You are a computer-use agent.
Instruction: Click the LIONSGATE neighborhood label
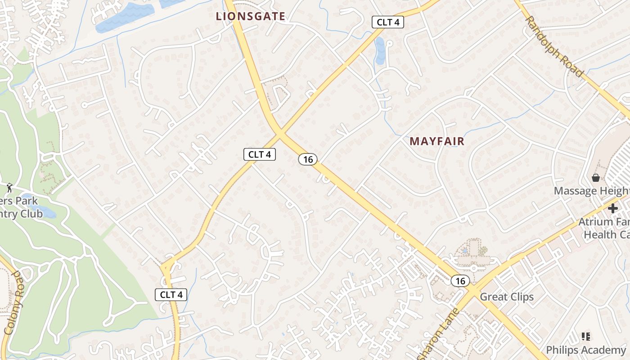(x=251, y=17)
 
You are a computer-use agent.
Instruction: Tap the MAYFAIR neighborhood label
(x=436, y=141)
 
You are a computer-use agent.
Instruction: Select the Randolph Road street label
(x=554, y=46)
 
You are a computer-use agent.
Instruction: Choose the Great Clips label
(x=507, y=297)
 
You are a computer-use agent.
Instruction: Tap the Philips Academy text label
(x=585, y=350)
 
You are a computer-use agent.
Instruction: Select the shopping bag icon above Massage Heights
(x=596, y=178)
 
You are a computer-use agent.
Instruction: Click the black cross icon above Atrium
(x=612, y=208)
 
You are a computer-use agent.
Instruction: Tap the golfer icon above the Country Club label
(x=9, y=187)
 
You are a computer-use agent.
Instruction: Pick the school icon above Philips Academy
(x=585, y=336)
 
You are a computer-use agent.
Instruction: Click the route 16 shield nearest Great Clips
(x=460, y=281)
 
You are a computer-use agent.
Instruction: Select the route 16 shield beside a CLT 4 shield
(x=308, y=159)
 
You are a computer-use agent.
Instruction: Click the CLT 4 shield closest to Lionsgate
(x=387, y=22)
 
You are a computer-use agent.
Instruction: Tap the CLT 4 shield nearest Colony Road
(x=171, y=295)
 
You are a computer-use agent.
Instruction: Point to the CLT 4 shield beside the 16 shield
(x=260, y=154)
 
